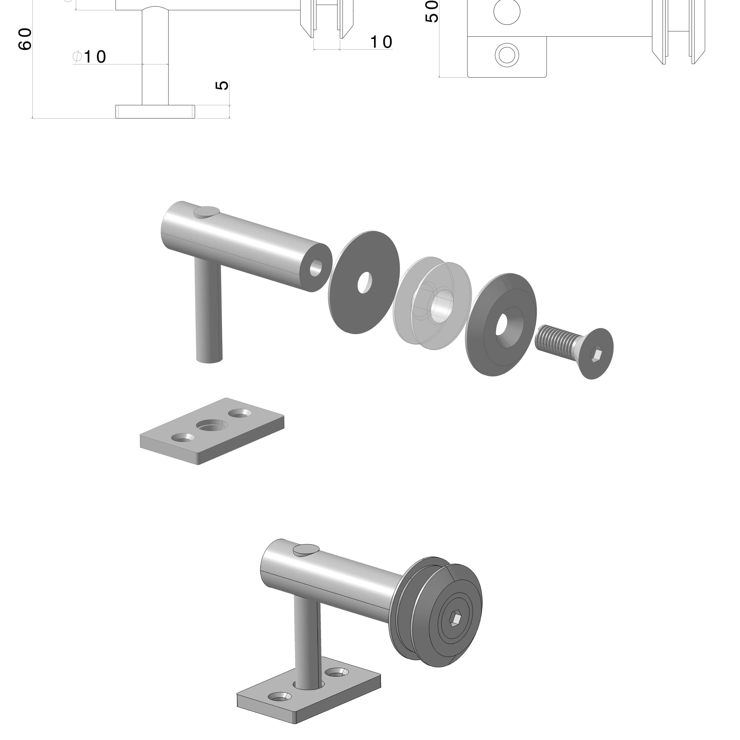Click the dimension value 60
click(x=25, y=39)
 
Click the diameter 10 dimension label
click(x=89, y=57)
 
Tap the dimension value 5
click(x=222, y=85)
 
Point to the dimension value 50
click(x=432, y=12)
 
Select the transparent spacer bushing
click(x=432, y=303)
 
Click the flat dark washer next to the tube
click(x=364, y=282)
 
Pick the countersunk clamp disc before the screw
click(x=501, y=325)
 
